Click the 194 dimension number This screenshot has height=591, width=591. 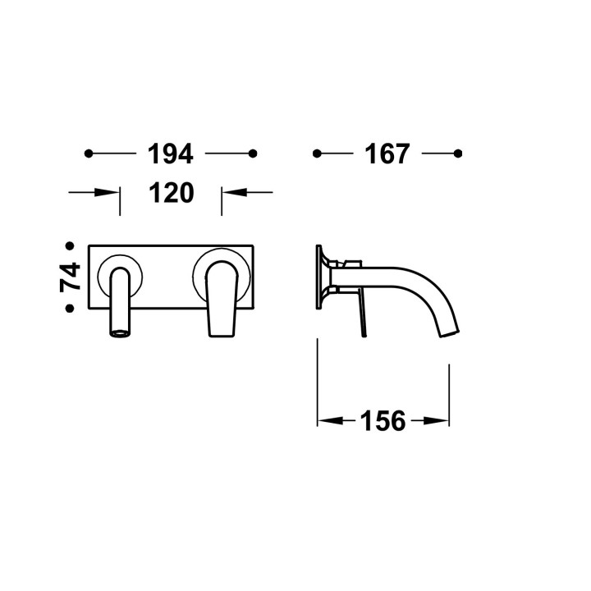(x=171, y=153)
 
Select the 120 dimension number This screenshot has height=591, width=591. (x=172, y=193)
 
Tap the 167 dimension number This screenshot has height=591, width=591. (x=387, y=153)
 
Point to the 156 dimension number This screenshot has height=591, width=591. (x=383, y=420)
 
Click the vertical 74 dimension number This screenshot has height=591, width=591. (x=70, y=277)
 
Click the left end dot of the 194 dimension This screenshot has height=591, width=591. (x=89, y=153)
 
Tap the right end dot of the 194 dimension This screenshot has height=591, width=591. (x=253, y=153)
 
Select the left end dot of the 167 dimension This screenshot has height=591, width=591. (x=317, y=153)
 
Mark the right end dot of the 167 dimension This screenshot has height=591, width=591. (x=458, y=153)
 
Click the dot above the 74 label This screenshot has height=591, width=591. (x=70, y=246)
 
